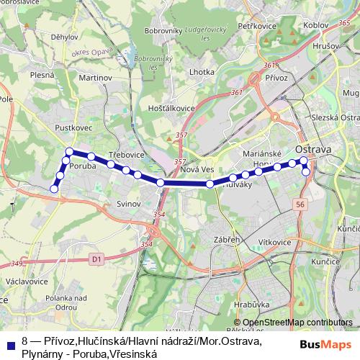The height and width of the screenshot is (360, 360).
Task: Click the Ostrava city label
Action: point(313,149)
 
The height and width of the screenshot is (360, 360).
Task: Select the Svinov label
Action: point(128,204)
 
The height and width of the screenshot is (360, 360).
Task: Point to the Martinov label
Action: point(96,77)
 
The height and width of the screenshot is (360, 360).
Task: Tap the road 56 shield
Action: point(299,205)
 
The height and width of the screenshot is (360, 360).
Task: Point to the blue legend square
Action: point(10,339)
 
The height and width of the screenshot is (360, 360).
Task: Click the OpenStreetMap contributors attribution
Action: point(297,323)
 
